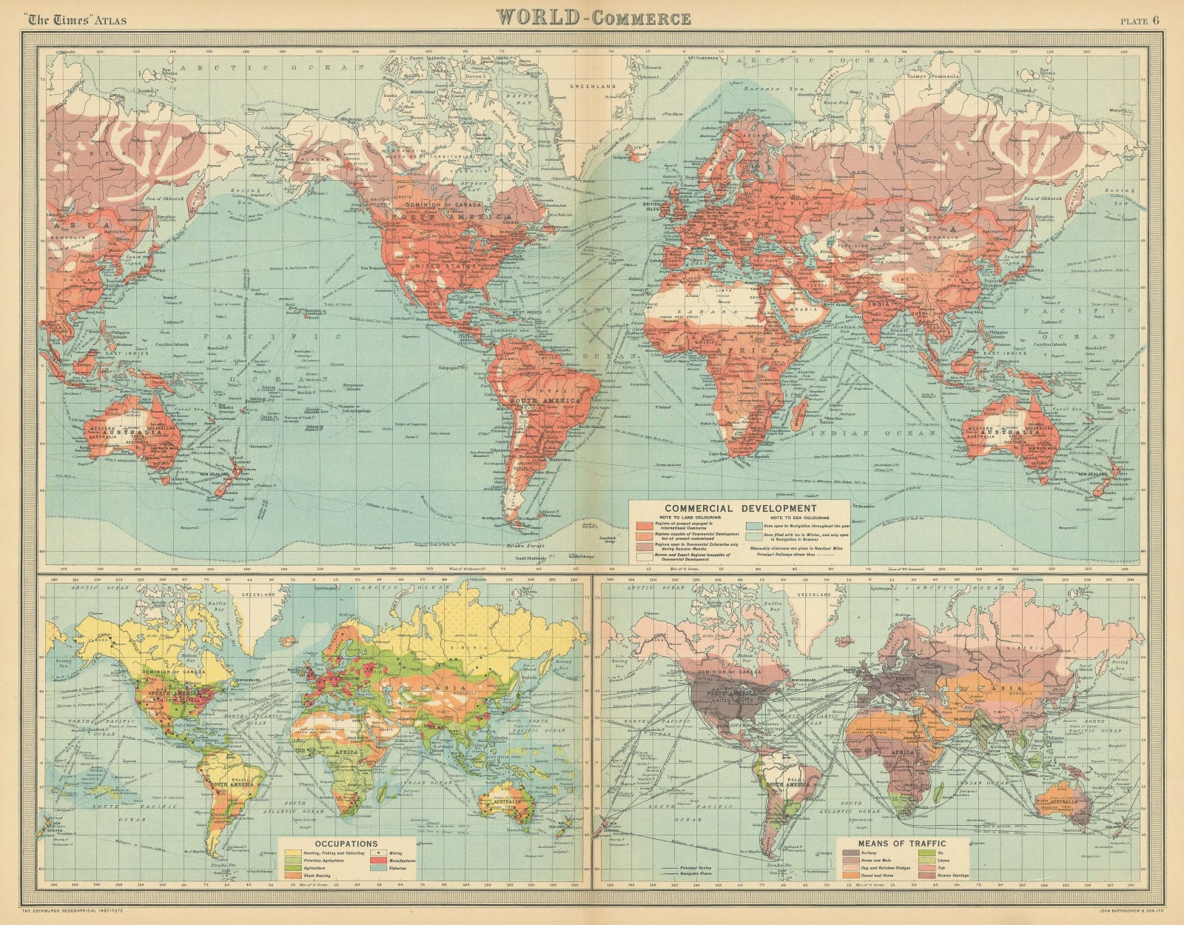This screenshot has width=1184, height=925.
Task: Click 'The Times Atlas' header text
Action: (72, 20)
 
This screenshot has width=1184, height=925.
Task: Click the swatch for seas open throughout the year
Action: (754, 526)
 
